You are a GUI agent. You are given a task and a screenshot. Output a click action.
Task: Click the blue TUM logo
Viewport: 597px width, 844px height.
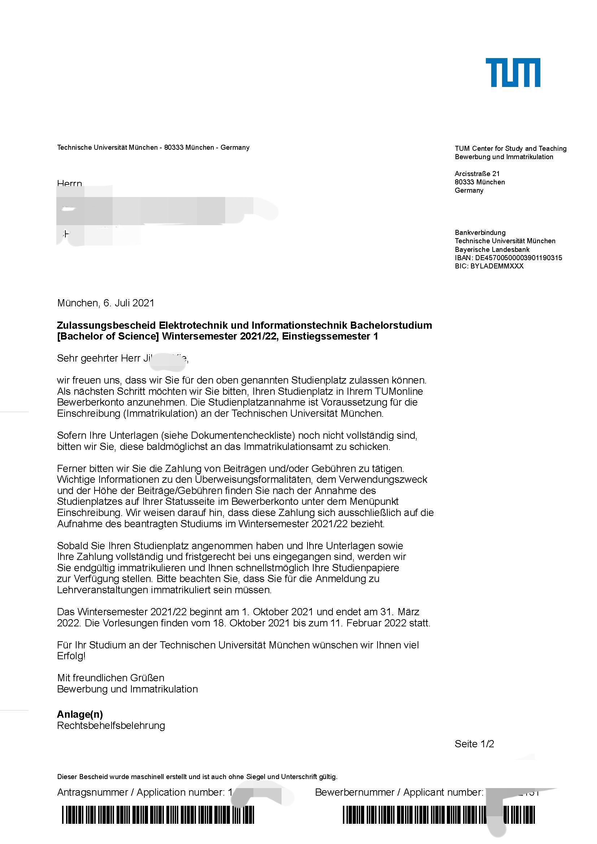[513, 73]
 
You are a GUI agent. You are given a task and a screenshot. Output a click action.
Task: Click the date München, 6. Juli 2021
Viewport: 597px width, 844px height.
[106, 303]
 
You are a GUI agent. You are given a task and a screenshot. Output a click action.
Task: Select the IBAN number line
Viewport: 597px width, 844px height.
[508, 258]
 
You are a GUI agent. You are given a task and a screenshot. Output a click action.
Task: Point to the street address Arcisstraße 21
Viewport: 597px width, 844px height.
[477, 174]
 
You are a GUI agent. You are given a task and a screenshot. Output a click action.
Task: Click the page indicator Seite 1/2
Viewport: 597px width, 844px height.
[474, 744]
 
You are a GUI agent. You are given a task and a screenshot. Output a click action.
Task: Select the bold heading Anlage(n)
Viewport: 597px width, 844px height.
[80, 714]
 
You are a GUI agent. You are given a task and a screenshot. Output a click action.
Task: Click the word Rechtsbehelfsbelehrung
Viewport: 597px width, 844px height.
[111, 725]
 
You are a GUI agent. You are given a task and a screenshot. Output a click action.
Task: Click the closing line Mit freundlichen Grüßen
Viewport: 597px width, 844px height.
[111, 678]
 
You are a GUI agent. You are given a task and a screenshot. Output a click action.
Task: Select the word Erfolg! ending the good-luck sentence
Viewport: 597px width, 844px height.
[71, 656]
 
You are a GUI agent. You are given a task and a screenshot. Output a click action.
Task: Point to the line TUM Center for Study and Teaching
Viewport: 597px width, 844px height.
[510, 149]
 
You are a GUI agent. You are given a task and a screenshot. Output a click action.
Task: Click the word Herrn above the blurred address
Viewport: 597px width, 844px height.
[69, 183]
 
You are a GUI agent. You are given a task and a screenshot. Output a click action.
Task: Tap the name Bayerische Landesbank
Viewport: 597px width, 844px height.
[492, 249]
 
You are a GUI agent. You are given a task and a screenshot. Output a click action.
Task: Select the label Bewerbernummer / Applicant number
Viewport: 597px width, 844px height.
[399, 792]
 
